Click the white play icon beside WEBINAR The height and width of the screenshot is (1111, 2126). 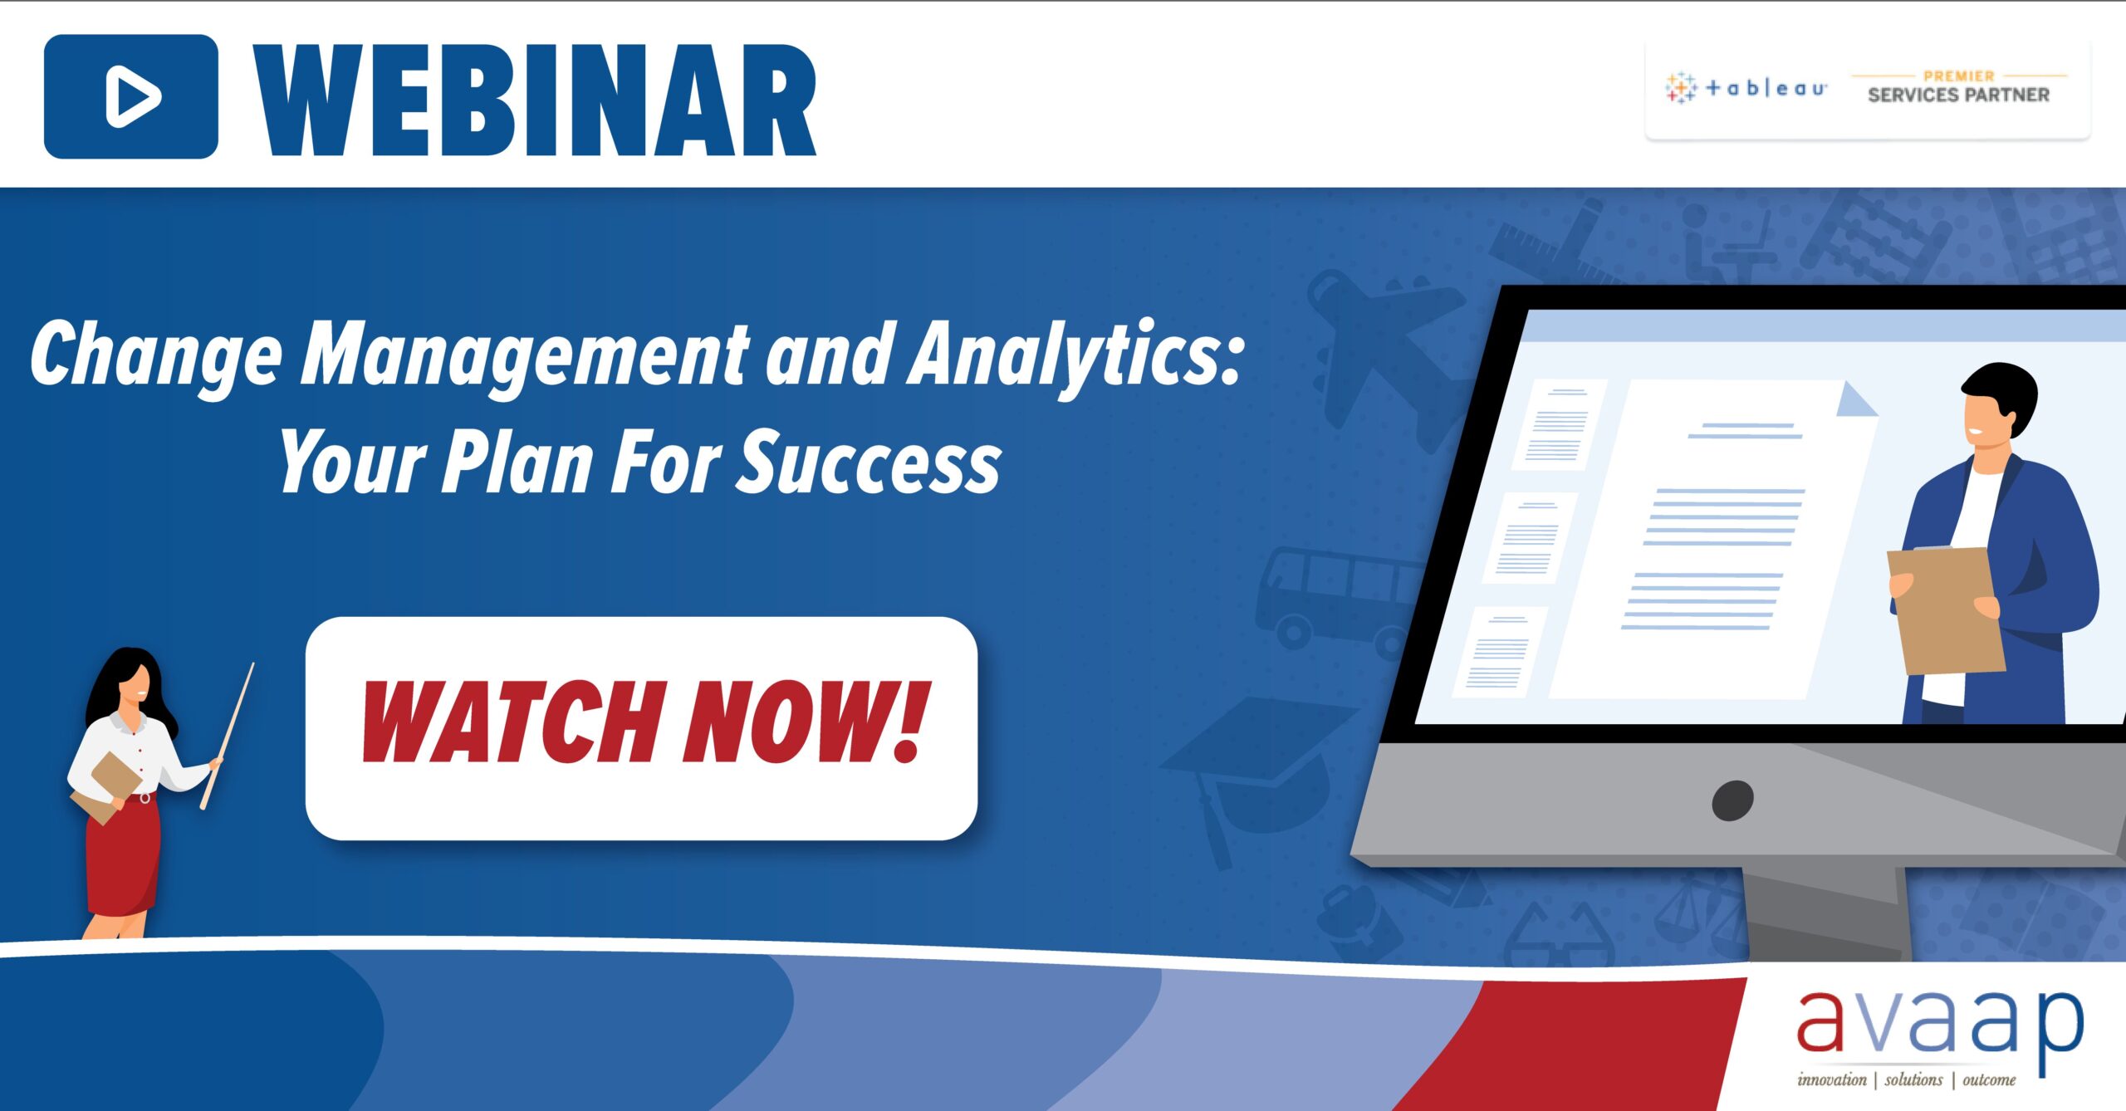(132, 96)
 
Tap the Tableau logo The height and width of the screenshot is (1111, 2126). (1745, 87)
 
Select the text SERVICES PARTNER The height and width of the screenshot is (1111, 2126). (1958, 95)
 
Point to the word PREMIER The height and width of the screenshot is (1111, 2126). (1958, 76)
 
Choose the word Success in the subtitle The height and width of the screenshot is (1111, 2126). (870, 463)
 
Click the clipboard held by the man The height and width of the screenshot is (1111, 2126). (1945, 610)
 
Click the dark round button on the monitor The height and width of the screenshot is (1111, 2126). (1732, 800)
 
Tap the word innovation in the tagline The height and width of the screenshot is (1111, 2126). (1831, 1079)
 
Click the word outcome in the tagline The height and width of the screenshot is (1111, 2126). (1989, 1079)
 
